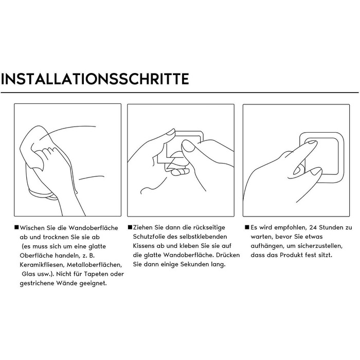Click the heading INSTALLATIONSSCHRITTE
click(95, 79)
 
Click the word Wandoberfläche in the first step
click(93, 228)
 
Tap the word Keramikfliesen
click(42, 265)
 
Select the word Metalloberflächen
click(94, 265)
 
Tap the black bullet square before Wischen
click(16, 227)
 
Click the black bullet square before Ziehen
click(130, 227)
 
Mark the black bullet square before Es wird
click(247, 227)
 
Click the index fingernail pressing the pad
click(312, 142)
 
